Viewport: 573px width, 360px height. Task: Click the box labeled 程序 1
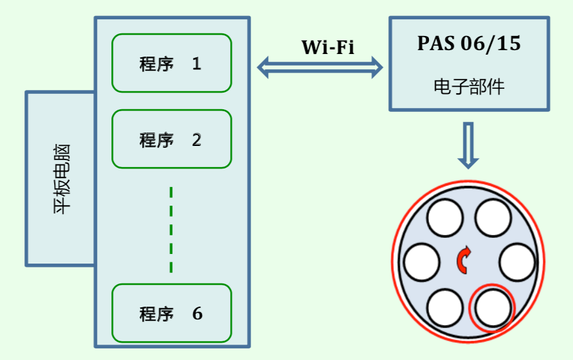click(x=171, y=63)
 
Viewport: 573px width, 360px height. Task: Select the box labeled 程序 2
click(x=171, y=139)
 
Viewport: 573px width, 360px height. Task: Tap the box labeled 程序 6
click(x=171, y=313)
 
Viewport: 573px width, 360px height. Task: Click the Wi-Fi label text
click(x=328, y=48)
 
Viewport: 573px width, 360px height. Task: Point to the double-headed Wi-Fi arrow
click(x=320, y=66)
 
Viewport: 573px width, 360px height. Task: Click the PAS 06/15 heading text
click(x=469, y=44)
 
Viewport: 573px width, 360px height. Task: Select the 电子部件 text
click(x=469, y=87)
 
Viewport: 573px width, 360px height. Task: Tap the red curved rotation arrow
click(x=463, y=260)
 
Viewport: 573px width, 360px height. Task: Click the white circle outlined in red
click(x=493, y=307)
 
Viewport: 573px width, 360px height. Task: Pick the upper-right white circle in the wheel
click(x=493, y=217)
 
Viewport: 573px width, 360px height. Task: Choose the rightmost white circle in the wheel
click(x=517, y=262)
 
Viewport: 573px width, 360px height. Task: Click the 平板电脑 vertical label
click(x=61, y=179)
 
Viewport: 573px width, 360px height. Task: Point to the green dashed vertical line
click(x=171, y=230)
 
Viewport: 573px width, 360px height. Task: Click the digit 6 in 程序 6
click(x=197, y=314)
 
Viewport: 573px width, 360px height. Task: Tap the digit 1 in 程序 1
click(x=197, y=64)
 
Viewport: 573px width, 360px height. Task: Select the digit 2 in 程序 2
click(x=197, y=139)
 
